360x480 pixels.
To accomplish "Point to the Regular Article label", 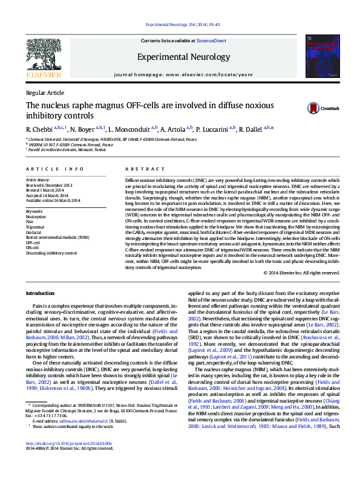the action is pyautogui.click(x=44, y=92).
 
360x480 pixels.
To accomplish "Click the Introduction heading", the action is pyautogui.click(x=40, y=293).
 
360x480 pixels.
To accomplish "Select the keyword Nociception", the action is pyautogui.click(x=35, y=216).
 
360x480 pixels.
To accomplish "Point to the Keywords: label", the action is pyautogui.click(x=34, y=211).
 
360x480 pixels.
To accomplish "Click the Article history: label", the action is pyautogui.click(x=38, y=180).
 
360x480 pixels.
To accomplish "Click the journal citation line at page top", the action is pyautogui.click(x=180, y=25).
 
